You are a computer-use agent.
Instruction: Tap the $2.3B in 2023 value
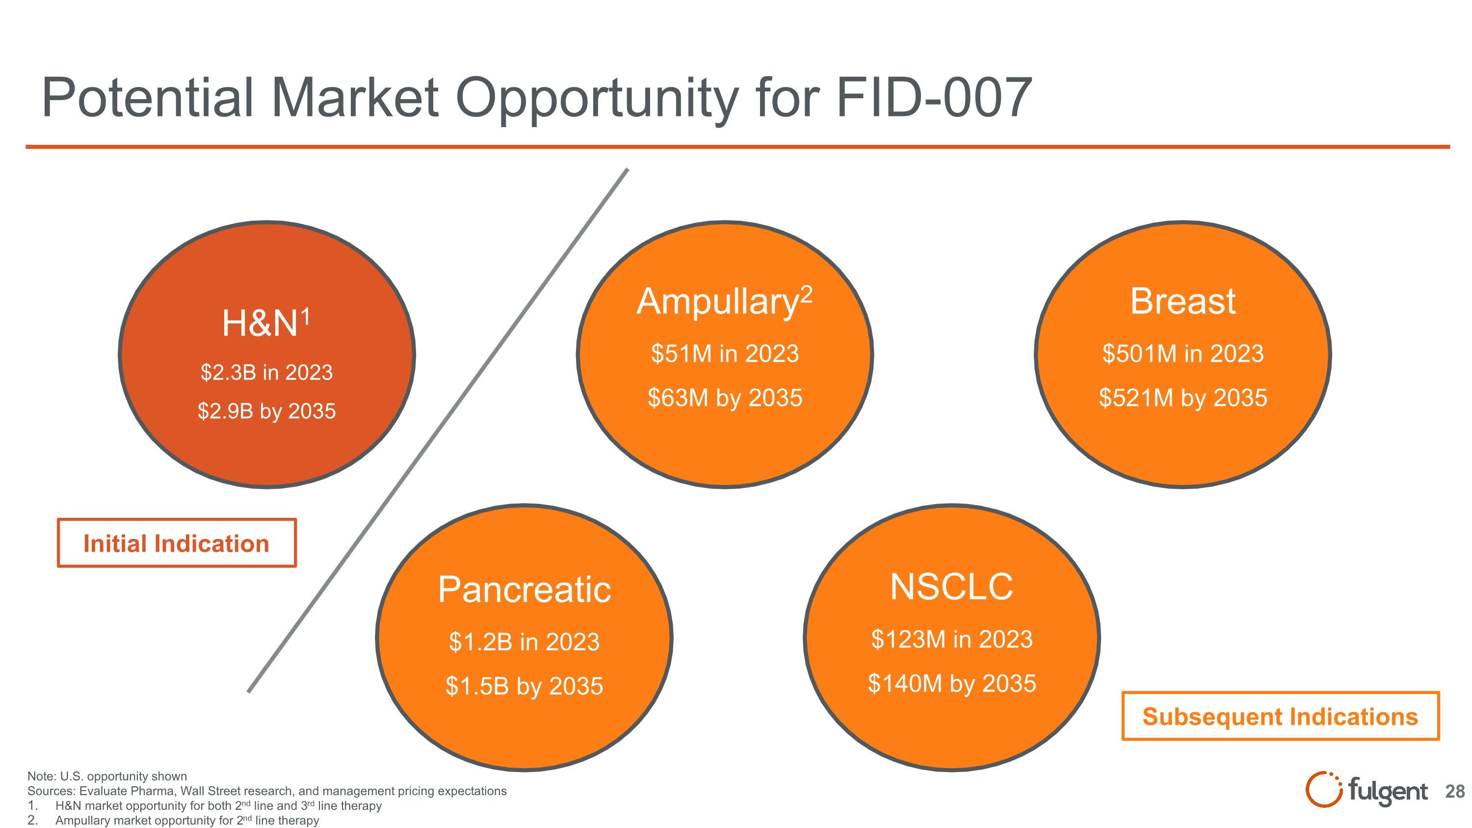(x=266, y=373)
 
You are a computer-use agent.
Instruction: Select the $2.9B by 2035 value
(x=266, y=411)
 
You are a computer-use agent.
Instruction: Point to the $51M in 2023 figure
(x=725, y=354)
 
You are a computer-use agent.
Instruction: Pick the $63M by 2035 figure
(x=725, y=398)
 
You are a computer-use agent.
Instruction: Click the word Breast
(x=1183, y=301)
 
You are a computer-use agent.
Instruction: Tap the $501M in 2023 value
(x=1183, y=354)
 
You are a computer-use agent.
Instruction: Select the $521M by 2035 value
(x=1183, y=398)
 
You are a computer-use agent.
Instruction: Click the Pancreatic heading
(x=524, y=590)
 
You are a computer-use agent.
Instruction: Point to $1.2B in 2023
(x=524, y=641)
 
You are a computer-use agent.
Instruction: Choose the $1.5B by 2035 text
(x=524, y=686)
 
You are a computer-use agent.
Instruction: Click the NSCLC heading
(x=951, y=587)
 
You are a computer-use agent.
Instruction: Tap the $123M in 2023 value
(x=951, y=640)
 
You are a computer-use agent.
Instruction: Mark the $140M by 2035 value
(x=951, y=683)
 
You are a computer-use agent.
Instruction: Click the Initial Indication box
(x=177, y=543)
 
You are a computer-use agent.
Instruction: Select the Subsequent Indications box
(x=1280, y=717)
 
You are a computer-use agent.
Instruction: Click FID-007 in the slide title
(x=934, y=98)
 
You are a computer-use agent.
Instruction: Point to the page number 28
(x=1455, y=791)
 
